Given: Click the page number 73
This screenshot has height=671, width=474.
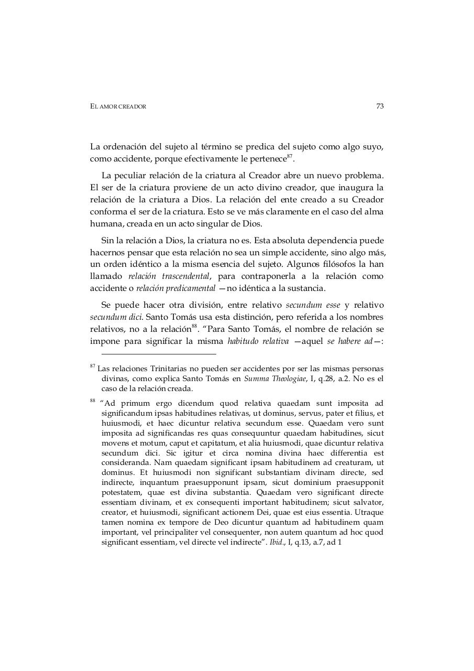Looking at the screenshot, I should (x=380, y=106).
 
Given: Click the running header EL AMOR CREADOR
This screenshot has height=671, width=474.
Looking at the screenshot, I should (x=118, y=106).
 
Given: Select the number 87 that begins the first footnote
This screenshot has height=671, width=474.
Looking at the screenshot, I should (x=93, y=366).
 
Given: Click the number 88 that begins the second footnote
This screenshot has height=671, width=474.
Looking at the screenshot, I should (x=93, y=401).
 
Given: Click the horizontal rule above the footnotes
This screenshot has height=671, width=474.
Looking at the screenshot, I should (x=153, y=354).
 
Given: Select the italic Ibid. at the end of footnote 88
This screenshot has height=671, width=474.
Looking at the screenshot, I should (x=277, y=543).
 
